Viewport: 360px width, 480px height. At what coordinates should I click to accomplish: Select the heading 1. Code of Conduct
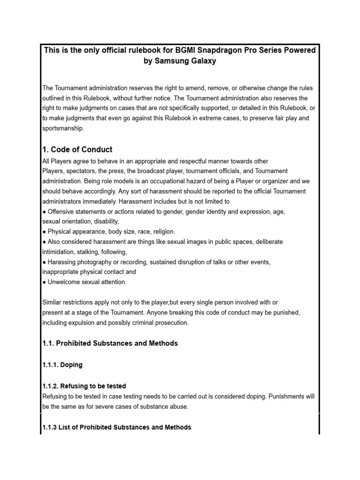(77, 150)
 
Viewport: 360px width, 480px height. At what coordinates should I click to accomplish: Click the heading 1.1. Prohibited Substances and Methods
(110, 343)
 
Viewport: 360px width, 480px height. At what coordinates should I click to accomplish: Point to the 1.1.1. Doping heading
(62, 365)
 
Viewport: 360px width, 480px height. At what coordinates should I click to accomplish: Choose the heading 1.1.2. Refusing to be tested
(84, 386)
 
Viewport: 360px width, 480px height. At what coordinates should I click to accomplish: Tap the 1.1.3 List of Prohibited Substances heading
(117, 427)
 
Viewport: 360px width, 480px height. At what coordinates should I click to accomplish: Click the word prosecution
(167, 322)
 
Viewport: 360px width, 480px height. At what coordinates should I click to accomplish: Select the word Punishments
(284, 396)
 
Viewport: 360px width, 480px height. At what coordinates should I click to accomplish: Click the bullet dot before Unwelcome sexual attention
(44, 282)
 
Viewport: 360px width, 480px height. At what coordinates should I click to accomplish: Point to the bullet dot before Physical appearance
(44, 232)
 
